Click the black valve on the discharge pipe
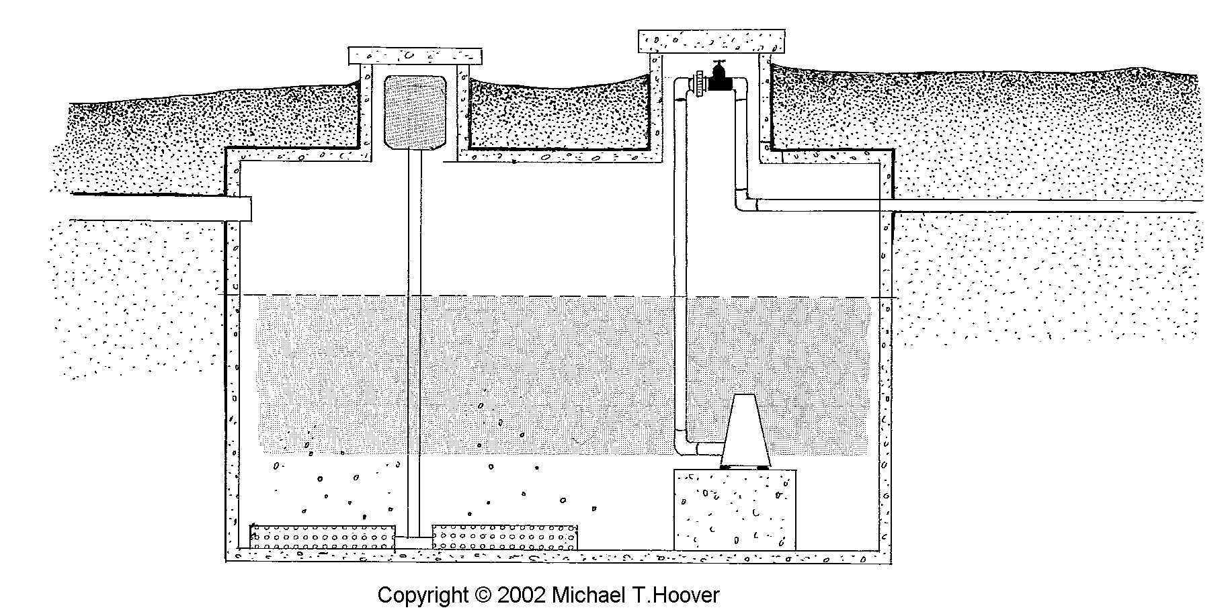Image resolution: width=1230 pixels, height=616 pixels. pos(718,78)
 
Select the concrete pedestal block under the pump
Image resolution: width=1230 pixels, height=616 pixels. pos(735,509)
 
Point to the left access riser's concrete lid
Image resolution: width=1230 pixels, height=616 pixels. pos(415,54)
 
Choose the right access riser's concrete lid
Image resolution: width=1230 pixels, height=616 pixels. pos(711,40)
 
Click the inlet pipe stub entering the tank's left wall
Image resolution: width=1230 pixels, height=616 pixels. pos(161,210)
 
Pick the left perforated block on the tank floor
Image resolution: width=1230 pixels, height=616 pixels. pos(323,537)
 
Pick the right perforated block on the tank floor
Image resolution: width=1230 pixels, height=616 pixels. pos(504,537)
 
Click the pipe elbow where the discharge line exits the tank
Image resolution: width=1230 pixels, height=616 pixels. pos(743,202)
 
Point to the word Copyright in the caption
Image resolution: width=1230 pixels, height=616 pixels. pos(422,595)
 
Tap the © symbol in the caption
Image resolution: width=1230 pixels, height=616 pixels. pos(483,595)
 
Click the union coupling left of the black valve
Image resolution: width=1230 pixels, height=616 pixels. pos(700,83)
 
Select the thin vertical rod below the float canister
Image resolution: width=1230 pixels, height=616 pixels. pos(415,336)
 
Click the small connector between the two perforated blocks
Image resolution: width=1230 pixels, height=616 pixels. pos(413,539)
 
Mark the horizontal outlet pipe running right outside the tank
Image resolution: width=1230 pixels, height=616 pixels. pos(1008,206)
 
